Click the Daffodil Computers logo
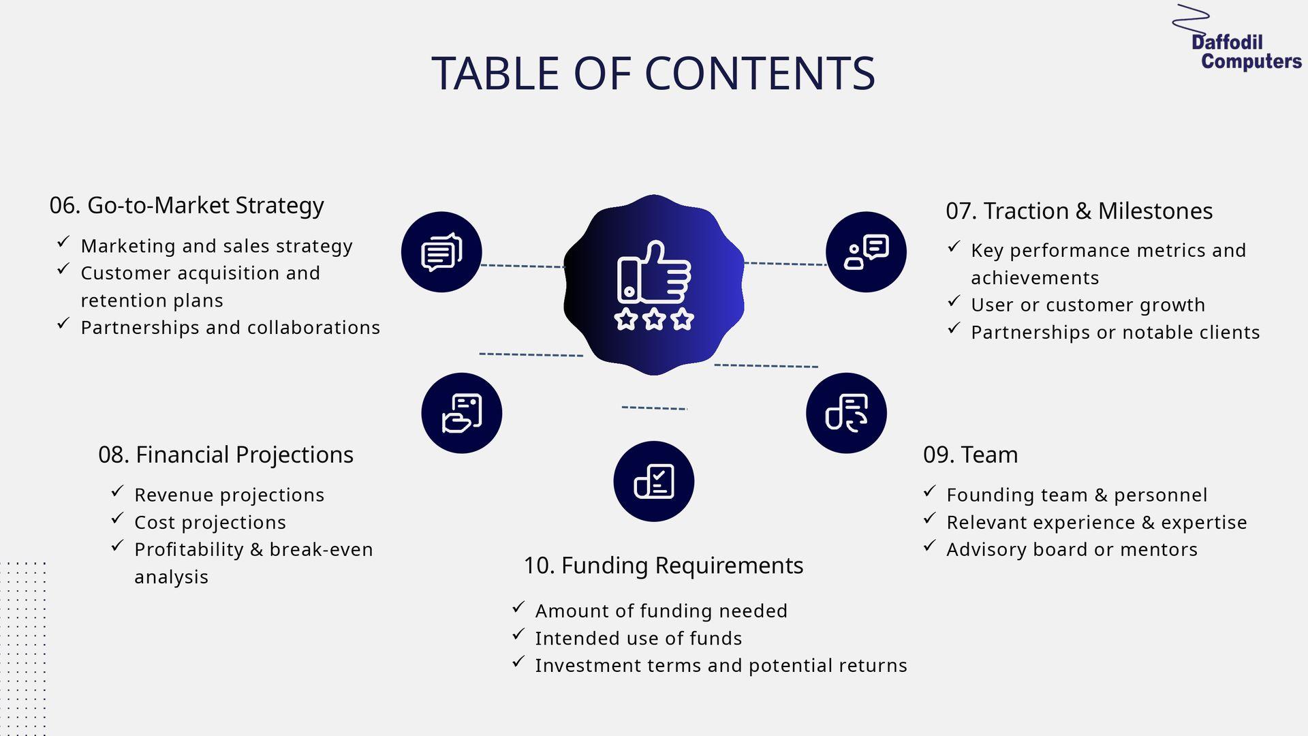[1236, 37]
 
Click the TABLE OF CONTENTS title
[653, 73]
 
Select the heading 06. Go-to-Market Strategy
[187, 205]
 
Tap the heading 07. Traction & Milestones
[1079, 211]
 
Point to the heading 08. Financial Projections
[225, 455]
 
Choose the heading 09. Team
[970, 455]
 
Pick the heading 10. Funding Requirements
[663, 566]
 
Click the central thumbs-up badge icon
[654, 285]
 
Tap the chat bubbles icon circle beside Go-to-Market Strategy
[441, 252]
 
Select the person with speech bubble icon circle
[866, 252]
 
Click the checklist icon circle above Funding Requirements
[654, 481]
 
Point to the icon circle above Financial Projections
[462, 413]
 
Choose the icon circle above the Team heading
[846, 413]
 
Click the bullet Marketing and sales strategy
[217, 246]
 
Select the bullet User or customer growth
[1088, 305]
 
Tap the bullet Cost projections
[210, 523]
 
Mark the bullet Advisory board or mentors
[1072, 550]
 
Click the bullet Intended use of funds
[638, 639]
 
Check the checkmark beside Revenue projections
[117, 491]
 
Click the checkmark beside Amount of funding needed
[518, 607]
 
